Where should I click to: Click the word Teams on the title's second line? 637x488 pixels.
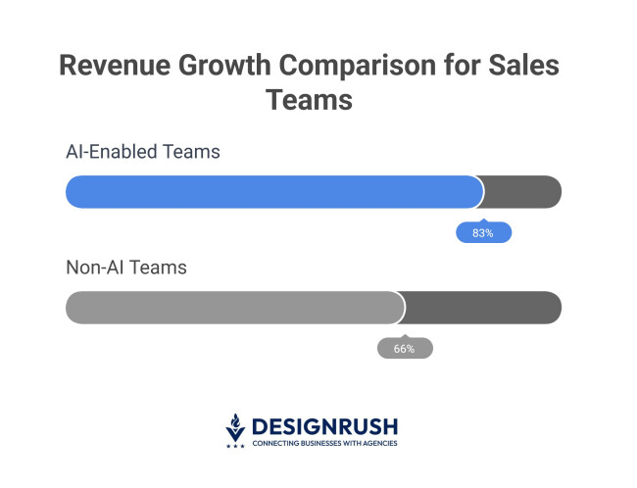pos(311,100)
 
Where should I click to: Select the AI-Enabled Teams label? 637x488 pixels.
pos(142,153)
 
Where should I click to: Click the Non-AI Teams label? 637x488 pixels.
pos(125,267)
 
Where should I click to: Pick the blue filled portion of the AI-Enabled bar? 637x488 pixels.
pos(273,192)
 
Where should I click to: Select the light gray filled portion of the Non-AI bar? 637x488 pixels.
pos(234,307)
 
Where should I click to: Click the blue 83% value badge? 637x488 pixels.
pos(483,233)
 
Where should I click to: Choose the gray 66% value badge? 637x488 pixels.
pos(405,348)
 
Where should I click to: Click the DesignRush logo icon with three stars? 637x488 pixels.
pos(235,430)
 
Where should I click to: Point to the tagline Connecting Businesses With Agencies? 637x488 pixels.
pos(324,444)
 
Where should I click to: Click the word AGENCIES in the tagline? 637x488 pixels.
pos(377,444)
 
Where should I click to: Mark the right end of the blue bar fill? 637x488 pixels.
pos(480,192)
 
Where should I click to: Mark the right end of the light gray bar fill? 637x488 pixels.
pos(402,307)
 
